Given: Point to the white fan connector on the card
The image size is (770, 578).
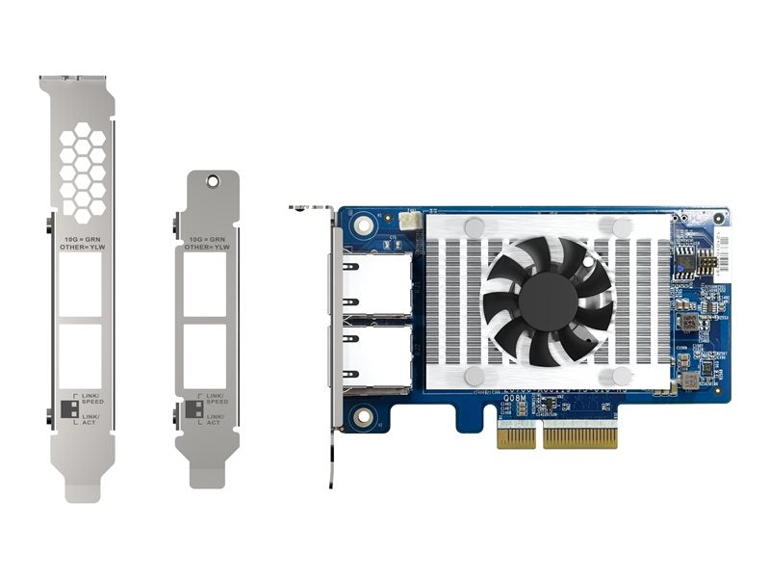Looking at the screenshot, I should pos(413,221).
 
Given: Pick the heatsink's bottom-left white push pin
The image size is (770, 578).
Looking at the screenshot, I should pos(475,375).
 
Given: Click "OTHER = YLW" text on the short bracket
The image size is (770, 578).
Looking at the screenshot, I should pos(205,247).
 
